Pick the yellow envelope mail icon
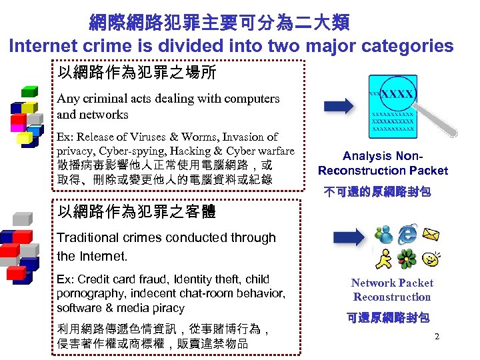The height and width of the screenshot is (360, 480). [431, 234]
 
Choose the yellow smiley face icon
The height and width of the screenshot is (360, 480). [431, 257]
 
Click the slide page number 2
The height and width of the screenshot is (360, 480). [437, 336]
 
